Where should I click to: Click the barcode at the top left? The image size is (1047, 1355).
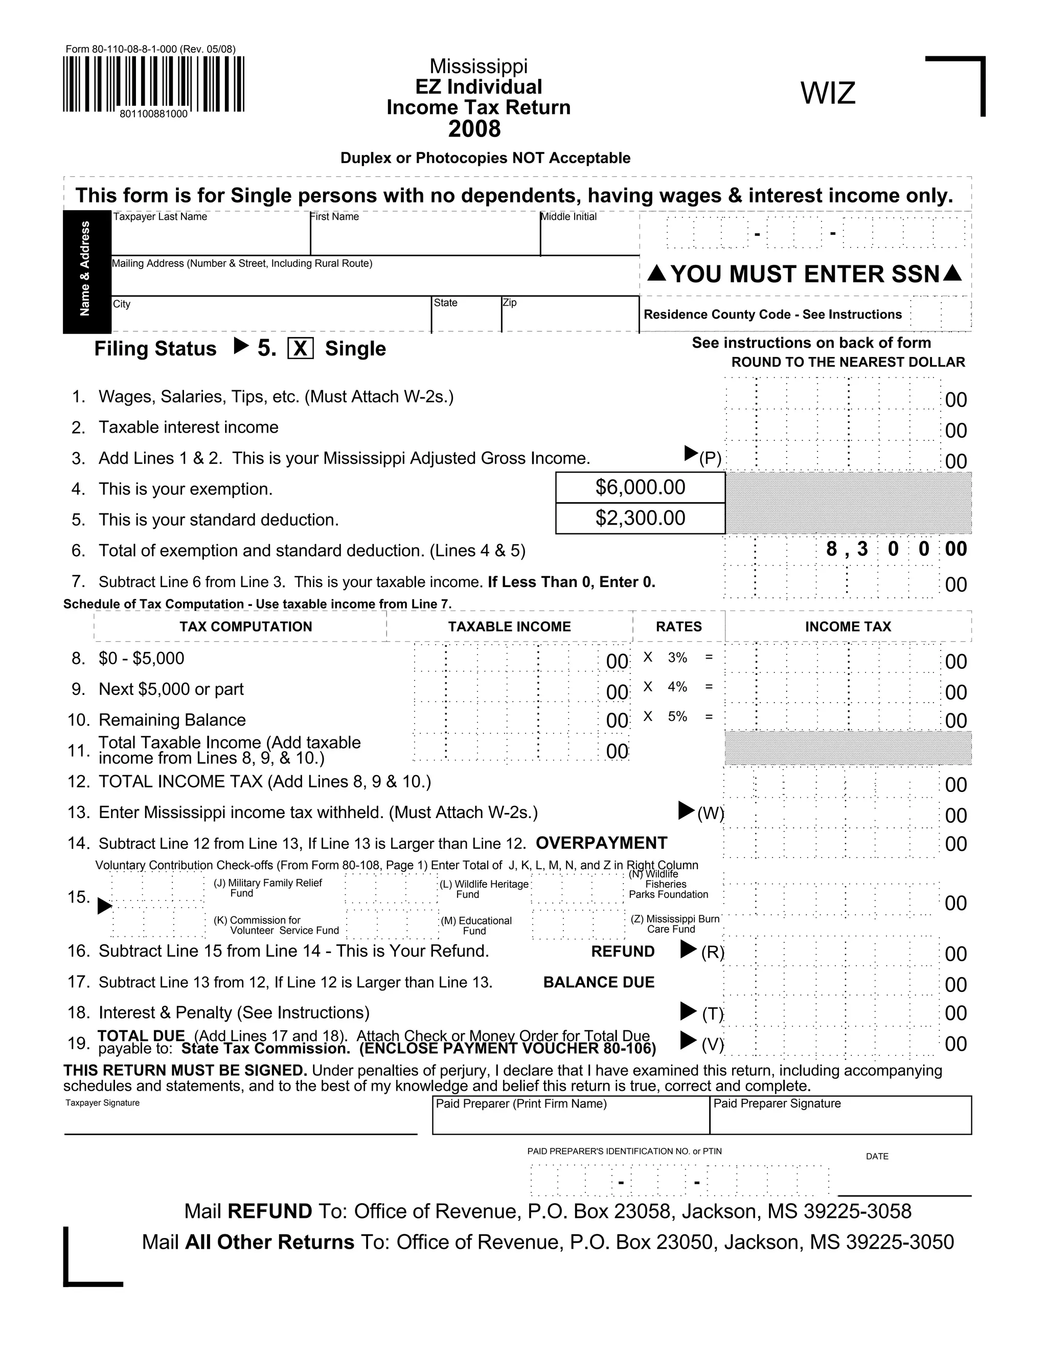coord(153,84)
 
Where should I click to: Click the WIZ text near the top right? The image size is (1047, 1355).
coord(828,94)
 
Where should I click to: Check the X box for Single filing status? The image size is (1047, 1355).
coord(300,349)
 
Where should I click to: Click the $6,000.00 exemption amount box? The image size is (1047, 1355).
coord(640,488)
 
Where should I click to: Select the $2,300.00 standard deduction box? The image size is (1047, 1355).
coord(640,518)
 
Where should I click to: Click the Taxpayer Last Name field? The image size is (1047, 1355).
coord(210,236)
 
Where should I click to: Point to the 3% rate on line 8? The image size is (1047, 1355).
coord(677,657)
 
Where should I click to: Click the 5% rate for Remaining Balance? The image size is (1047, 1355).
coord(677,716)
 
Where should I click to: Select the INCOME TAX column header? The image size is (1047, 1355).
coord(848,627)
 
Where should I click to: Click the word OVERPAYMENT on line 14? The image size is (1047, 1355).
coord(601,843)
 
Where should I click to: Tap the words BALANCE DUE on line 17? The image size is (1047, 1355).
coord(599,982)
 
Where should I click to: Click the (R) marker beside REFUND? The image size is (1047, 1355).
coord(712,953)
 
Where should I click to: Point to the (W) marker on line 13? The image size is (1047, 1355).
coord(710,814)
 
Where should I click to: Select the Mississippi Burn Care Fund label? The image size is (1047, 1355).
coord(675,924)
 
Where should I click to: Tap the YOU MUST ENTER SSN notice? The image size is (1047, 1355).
coord(805,274)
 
